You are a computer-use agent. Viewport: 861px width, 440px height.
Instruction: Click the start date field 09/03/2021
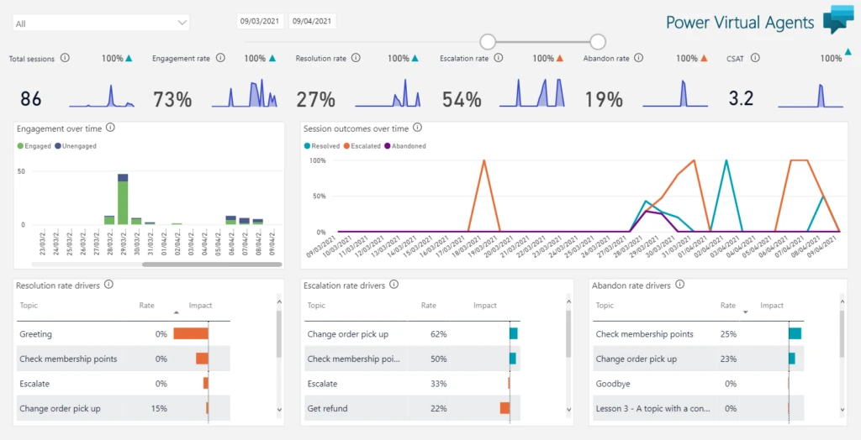point(260,21)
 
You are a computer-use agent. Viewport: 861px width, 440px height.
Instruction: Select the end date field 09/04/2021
point(312,21)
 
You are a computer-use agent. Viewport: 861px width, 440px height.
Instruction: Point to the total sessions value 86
point(31,99)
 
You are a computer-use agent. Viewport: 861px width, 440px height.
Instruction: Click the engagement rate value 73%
point(172,100)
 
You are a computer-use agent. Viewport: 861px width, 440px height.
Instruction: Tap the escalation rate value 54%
point(461,100)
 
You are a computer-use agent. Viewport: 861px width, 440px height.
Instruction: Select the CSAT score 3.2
point(741,99)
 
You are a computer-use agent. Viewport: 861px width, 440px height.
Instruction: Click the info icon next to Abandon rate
point(639,58)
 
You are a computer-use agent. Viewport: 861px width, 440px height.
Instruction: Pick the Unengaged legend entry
point(77,146)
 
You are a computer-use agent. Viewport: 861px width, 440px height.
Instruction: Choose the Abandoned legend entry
point(406,146)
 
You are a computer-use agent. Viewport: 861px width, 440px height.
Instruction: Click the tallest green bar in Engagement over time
point(123,202)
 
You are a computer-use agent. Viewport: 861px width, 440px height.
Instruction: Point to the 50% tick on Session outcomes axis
point(319,196)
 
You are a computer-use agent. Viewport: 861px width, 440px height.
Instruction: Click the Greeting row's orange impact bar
point(191,334)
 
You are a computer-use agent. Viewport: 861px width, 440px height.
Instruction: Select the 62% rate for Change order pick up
point(437,334)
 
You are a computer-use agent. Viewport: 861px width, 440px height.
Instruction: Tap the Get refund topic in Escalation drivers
point(327,408)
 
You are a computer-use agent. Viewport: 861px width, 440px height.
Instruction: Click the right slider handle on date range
point(598,41)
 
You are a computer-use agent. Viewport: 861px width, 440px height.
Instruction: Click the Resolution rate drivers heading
point(58,285)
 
